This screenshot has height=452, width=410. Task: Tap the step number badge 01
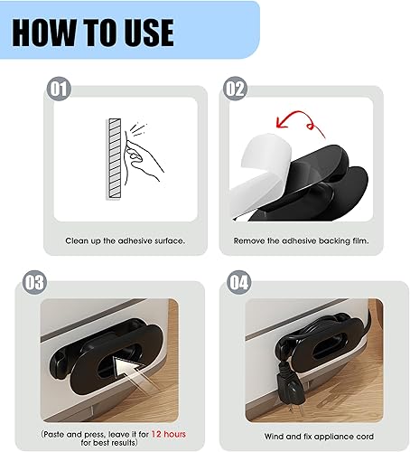(58, 89)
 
